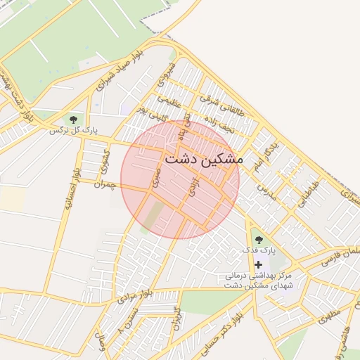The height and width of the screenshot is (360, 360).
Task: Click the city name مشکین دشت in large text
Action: pyautogui.click(x=203, y=160)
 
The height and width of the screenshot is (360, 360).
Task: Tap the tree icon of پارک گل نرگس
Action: pyautogui.click(x=74, y=120)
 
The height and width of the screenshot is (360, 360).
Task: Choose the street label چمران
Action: pyautogui.click(x=103, y=184)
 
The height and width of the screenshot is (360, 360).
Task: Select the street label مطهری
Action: pyautogui.click(x=332, y=307)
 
